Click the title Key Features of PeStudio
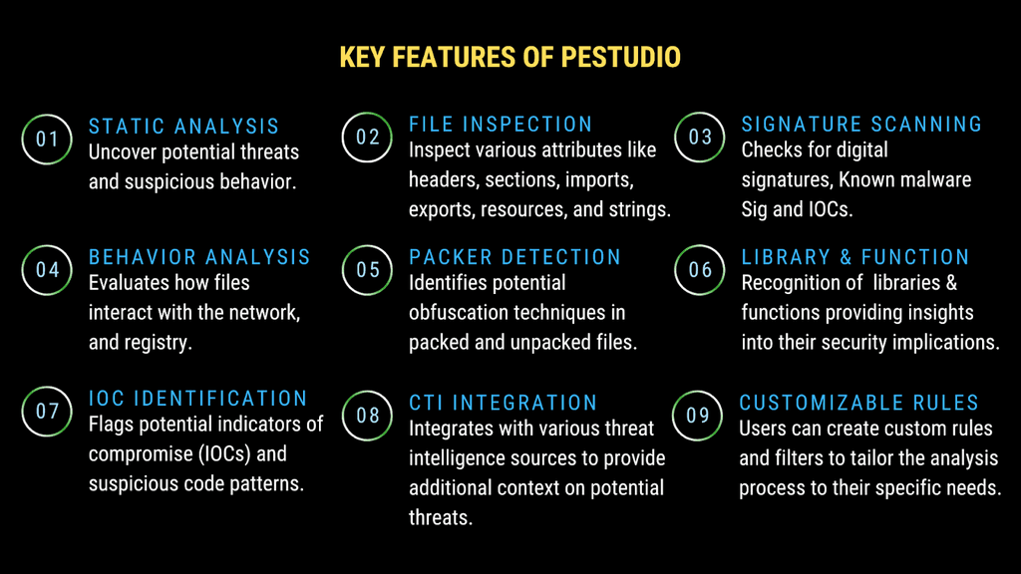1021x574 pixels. click(510, 57)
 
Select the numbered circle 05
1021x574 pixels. click(368, 270)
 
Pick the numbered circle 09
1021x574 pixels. click(698, 415)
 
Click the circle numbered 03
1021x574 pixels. click(701, 138)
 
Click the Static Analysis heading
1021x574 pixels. click(184, 127)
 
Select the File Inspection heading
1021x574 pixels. click(501, 125)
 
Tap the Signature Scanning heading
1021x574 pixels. click(861, 125)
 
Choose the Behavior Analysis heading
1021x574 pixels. click(199, 257)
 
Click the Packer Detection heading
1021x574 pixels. click(514, 257)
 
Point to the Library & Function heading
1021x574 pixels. click(855, 257)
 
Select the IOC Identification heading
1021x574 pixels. click(198, 399)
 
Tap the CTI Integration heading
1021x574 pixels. click(503, 403)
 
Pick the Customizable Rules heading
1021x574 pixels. click(858, 403)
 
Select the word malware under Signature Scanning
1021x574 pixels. click(933, 180)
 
